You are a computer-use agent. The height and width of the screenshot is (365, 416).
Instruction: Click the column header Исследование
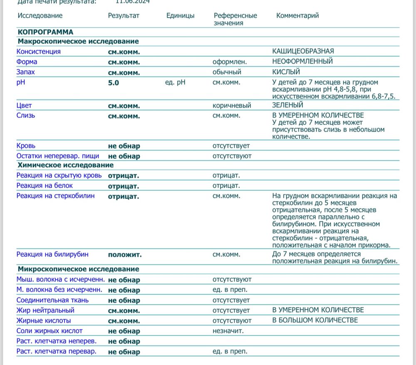pos(40,16)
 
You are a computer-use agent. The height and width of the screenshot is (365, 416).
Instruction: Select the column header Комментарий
pos(297,16)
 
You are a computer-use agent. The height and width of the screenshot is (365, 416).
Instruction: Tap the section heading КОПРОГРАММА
pos(45,32)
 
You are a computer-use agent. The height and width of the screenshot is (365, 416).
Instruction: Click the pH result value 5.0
pos(114,83)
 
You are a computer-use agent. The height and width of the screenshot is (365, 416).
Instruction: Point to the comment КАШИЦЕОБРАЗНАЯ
pos(303,51)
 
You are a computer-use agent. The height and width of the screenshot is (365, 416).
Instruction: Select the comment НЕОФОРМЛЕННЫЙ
pos(302,62)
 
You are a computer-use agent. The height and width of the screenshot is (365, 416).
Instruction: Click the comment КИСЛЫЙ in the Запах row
pos(286,72)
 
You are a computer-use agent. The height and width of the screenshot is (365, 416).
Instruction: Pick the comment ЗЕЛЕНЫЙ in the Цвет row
pos(287,106)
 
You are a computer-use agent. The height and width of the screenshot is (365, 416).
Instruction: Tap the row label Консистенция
pos(38,52)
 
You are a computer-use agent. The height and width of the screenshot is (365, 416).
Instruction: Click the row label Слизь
pos(26,116)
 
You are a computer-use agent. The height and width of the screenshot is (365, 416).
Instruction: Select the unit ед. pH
pos(175,82)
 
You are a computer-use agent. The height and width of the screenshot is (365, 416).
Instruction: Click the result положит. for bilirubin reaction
pos(125,254)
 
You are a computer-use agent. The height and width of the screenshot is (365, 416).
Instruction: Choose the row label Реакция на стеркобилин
pos(55,196)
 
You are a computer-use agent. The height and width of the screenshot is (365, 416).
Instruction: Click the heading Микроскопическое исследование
pos(78,269)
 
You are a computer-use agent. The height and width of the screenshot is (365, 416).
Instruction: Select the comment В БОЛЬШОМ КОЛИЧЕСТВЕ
pos(315,320)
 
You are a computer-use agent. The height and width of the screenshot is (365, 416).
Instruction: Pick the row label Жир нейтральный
pos(45,310)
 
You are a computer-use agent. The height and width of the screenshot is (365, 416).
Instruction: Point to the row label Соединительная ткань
pos(52,300)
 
